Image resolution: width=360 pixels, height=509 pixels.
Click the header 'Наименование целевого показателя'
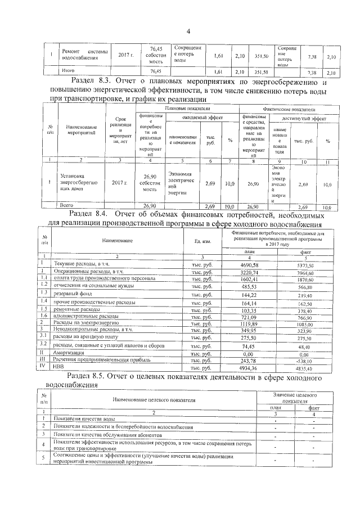154,399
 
